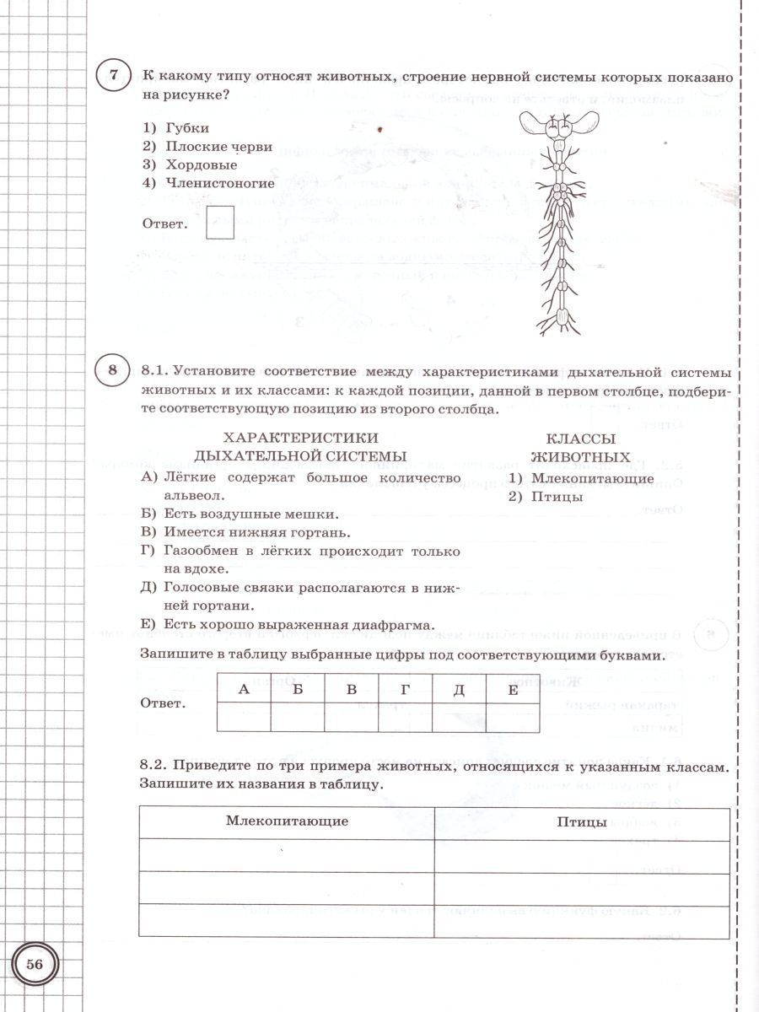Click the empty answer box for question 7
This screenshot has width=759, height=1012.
pos(220,222)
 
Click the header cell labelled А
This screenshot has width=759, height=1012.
pos(244,689)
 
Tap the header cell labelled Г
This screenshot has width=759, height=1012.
pos(405,689)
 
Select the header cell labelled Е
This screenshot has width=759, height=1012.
pos(513,689)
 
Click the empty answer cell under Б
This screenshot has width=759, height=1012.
pos(298,717)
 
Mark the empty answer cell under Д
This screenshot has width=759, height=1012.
pos(459,717)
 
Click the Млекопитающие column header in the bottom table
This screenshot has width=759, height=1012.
pos(287,821)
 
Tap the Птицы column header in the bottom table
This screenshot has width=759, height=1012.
pos(582,821)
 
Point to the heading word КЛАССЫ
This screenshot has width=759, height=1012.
pos(580,439)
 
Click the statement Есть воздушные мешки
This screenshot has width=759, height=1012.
pos(240,514)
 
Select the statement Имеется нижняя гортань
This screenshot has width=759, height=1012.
pos(245,532)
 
